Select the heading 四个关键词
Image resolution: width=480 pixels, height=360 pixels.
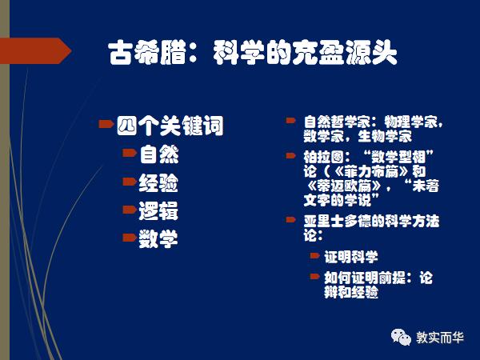(170, 126)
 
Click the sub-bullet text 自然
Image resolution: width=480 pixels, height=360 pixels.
(159, 153)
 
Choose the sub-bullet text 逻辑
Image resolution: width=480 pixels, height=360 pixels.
(159, 211)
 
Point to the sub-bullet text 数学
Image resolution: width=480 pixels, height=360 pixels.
(159, 238)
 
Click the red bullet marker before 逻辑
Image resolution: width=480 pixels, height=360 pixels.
(128, 210)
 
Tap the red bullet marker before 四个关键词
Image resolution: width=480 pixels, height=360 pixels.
(105, 124)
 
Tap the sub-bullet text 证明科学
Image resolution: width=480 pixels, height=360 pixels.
(350, 257)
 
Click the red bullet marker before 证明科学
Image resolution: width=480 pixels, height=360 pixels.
(314, 256)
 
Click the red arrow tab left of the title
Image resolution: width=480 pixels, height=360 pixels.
(35, 52)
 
